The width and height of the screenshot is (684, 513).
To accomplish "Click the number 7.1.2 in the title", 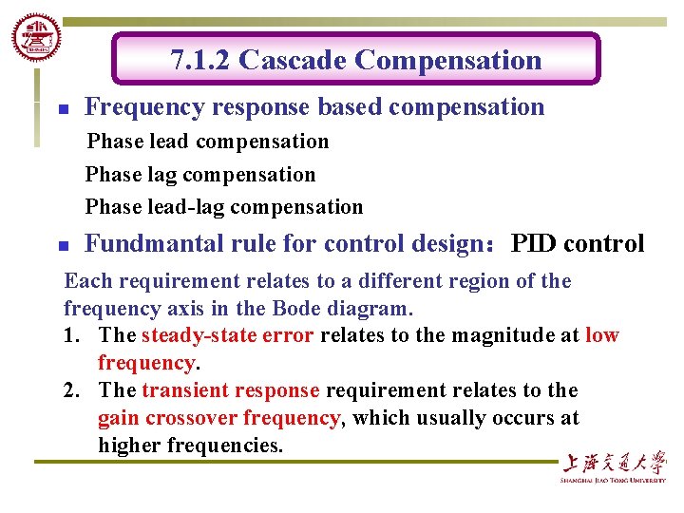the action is coord(200,61).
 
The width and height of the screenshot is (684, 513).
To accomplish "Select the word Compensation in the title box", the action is coord(447,61).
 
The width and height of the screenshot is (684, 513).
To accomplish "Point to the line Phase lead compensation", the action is coord(207,142).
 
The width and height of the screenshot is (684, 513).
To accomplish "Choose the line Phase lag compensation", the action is coord(200,175).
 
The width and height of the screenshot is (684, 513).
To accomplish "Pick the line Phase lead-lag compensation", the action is coord(224,207).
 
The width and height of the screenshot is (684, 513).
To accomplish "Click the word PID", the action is coord(535,244).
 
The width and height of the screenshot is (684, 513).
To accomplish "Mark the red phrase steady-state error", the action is coord(228,335).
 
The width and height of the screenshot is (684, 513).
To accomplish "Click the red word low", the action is coord(602,335).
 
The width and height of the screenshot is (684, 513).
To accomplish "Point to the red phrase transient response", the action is coord(230,390).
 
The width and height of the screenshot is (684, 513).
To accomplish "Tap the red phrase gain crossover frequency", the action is coord(218,418).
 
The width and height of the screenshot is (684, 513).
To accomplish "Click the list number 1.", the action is coord(72,335).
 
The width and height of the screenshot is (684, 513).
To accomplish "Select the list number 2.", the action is coord(72,390).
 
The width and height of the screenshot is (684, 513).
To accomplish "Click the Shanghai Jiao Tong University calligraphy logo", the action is coord(613,465).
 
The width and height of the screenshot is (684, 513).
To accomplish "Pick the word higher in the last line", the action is coord(129,446).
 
